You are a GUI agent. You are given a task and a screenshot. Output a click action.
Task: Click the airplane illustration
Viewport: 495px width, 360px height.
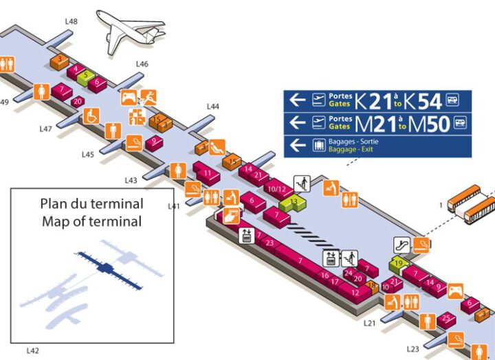coord(129,27)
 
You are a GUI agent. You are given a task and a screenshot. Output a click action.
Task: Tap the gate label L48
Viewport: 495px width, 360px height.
coord(71,21)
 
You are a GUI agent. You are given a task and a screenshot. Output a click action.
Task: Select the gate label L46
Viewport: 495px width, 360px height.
coord(142,64)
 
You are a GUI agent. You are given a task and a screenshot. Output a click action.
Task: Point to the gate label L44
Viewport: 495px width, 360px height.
coord(213,106)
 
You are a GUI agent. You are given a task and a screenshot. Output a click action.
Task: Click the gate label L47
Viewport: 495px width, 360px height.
coord(46,128)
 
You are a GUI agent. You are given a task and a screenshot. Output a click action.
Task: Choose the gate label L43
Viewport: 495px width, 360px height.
coord(131,180)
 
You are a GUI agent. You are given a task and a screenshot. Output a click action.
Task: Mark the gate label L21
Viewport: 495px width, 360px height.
coord(370,322)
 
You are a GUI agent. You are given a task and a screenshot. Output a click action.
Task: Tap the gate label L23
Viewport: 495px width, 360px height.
coord(412,348)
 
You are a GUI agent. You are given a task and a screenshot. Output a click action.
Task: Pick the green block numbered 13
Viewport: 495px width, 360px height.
coord(294,201)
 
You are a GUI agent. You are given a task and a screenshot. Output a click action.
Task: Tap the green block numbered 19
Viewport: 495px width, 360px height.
coord(399,263)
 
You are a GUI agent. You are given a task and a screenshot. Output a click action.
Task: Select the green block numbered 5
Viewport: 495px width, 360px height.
coord(85,75)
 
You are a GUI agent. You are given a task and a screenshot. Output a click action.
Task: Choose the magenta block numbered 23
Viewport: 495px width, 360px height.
coord(269,243)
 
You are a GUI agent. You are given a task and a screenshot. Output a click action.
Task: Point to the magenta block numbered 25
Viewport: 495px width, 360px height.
coord(446,317)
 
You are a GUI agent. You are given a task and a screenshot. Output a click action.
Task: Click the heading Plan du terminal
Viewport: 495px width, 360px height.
coord(91,204)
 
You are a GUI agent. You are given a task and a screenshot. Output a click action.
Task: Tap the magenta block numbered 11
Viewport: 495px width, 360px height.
coord(207,173)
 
